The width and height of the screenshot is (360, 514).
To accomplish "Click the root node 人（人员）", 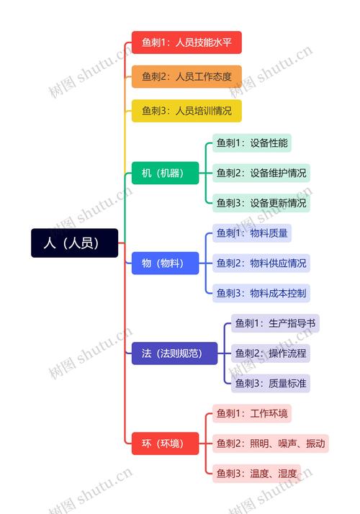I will [x=74, y=243].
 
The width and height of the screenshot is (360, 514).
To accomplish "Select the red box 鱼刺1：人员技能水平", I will [x=186, y=42].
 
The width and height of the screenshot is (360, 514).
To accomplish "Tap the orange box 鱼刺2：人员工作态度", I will [x=186, y=77].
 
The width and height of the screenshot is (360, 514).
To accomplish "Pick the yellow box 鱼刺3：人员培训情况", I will [x=186, y=111].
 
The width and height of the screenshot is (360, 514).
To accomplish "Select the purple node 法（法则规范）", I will [x=174, y=353].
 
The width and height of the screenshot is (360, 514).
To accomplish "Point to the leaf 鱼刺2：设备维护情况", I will [x=261, y=173].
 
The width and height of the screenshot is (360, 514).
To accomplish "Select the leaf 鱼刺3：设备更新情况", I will [x=261, y=203].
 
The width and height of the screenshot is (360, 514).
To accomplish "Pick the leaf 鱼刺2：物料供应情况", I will [x=261, y=263].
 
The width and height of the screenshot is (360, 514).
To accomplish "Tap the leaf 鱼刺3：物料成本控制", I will [x=261, y=293].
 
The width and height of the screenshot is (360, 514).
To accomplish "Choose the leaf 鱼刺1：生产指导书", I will [x=275, y=323].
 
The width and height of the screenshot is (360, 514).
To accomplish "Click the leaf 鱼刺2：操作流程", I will [x=271, y=353].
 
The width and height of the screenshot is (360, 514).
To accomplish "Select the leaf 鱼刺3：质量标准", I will [x=271, y=383].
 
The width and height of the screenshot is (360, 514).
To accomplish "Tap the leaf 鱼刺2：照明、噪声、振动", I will [x=271, y=443].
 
